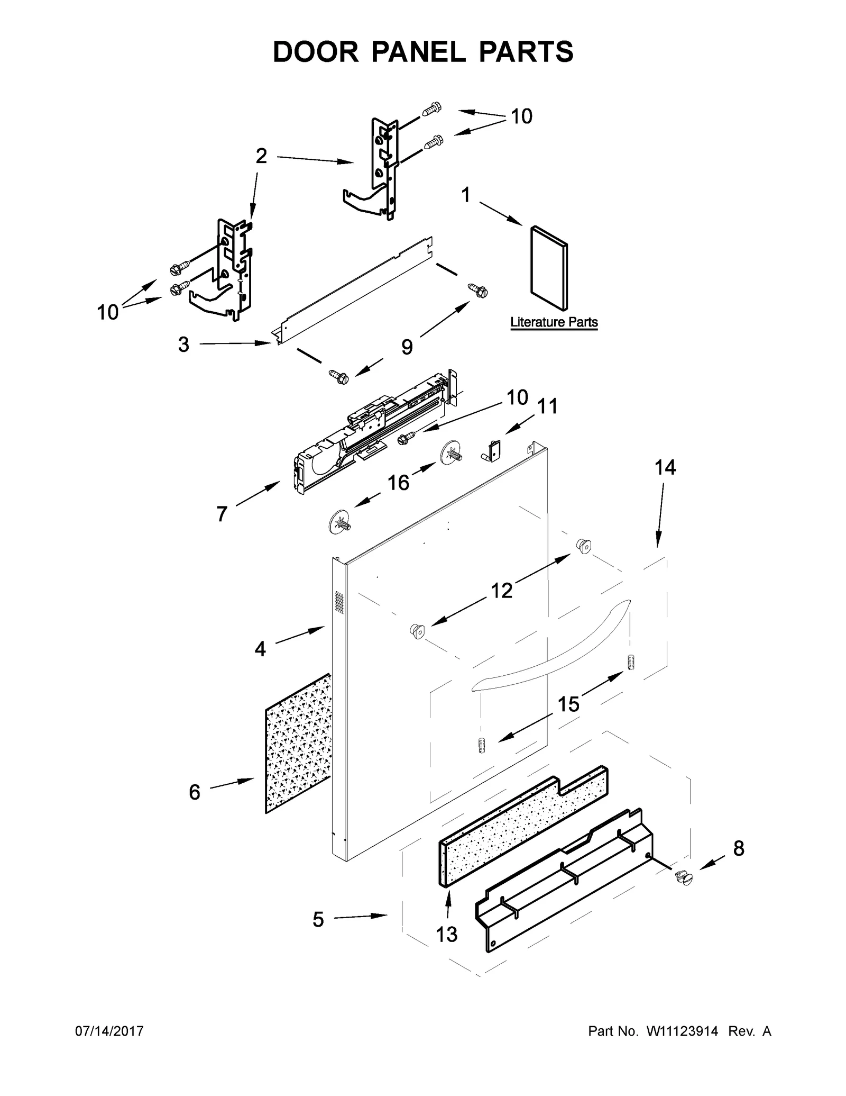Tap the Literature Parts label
pos(554,322)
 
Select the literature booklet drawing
pos(549,268)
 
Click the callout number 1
pos(465,195)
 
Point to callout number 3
pos(183,345)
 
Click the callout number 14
pos(665,467)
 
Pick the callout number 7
pos(222,513)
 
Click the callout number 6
pos(195,792)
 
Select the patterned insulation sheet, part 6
pos(298,744)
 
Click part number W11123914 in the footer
pos(682,1031)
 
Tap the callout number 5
pos(318,920)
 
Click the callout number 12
pos(502,590)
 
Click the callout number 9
pos(407,347)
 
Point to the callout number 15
pos(568,704)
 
